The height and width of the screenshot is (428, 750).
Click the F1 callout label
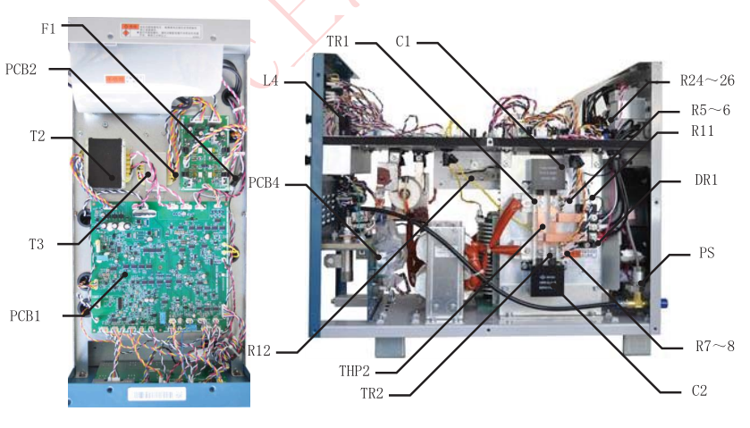point(48,29)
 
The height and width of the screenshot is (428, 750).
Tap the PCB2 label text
point(21,68)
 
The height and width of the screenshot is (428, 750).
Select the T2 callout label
point(36,137)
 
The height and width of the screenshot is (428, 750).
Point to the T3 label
point(38,242)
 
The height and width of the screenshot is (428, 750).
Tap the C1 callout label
point(404,42)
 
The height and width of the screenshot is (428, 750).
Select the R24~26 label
point(707,80)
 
